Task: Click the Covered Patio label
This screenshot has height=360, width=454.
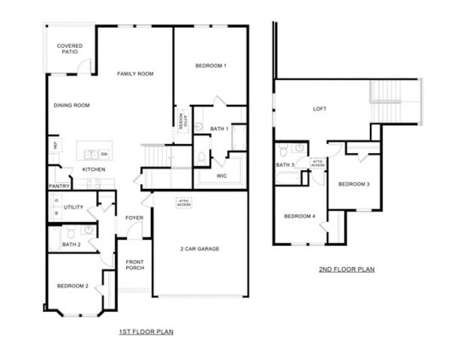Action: coord(70,49)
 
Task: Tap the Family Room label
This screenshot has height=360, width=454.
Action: coord(135,73)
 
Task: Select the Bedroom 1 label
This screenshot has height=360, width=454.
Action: coord(211,66)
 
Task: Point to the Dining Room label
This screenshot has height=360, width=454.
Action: coord(71,106)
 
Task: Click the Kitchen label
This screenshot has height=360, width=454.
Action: coord(94,169)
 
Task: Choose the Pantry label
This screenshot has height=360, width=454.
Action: coord(59,186)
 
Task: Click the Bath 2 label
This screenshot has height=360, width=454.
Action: coord(71,244)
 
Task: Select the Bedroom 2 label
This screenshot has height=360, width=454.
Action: coord(73,285)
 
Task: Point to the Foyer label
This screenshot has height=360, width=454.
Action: coord(134,218)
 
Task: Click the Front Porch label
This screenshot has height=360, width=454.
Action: coord(134,265)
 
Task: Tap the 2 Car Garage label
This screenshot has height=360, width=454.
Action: coord(200,248)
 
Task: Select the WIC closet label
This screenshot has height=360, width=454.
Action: coord(222,177)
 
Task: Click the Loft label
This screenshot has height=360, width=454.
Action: coord(320,109)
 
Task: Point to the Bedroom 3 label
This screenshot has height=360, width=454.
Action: coord(353,184)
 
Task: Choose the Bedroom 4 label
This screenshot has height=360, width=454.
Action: coord(299,217)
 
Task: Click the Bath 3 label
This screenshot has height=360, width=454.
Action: coord(285,165)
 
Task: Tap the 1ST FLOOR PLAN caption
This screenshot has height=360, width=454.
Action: coord(147,331)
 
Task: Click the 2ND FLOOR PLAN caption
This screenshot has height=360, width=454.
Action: coord(347,269)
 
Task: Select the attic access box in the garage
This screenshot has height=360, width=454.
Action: coord(183,202)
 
